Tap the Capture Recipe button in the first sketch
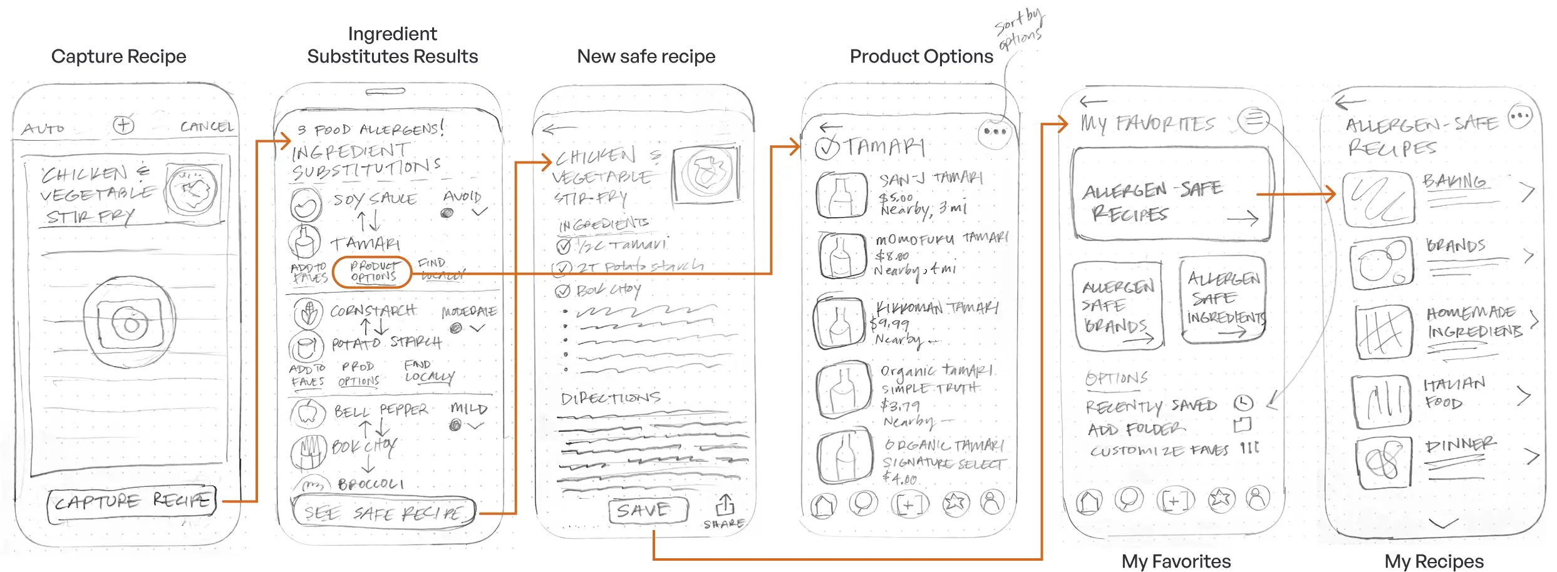132,501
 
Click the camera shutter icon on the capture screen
130,323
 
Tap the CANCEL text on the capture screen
207,127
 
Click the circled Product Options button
373,272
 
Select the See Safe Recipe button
383,513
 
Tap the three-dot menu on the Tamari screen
995,132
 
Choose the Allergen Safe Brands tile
1117,306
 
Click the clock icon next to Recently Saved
1243,403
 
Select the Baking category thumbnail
1378,200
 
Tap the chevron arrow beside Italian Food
1524,396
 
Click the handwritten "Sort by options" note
1019,30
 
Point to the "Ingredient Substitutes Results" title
392,45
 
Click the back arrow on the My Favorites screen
1094,101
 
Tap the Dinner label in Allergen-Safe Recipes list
1459,446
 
